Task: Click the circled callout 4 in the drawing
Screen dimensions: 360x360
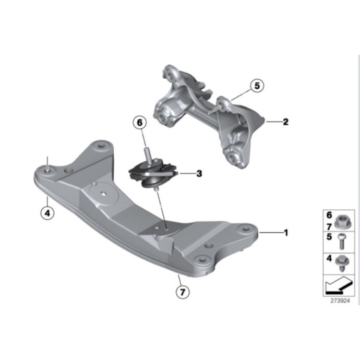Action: pyautogui.click(x=47, y=213)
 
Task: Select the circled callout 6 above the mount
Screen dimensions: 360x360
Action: pyautogui.click(x=140, y=124)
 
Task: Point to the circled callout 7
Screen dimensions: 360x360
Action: pyautogui.click(x=182, y=293)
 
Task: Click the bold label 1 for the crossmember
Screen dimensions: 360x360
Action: pyautogui.click(x=285, y=232)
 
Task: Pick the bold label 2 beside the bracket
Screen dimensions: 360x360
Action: pyautogui.click(x=285, y=123)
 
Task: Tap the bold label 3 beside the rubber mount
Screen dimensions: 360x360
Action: pyautogui.click(x=199, y=174)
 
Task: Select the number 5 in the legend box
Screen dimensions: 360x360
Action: pyautogui.click(x=329, y=236)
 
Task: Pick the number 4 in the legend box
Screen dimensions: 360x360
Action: pyautogui.click(x=329, y=258)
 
